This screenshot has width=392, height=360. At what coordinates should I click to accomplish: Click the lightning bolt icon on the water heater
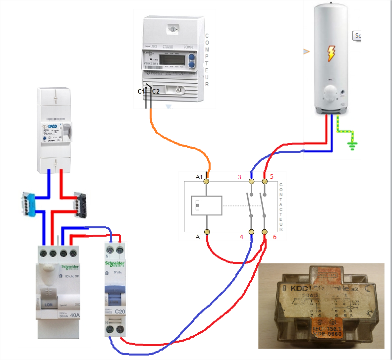tap(330, 53)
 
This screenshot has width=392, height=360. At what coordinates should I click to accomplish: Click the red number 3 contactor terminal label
tap(239, 177)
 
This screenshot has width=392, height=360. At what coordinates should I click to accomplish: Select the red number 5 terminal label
tap(271, 177)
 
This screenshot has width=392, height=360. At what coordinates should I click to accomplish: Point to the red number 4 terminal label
tap(241, 237)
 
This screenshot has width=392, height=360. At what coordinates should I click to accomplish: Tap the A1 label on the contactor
tap(199, 177)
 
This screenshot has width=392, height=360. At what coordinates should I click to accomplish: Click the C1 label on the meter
tap(141, 91)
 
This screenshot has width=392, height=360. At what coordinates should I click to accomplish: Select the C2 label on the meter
tap(156, 91)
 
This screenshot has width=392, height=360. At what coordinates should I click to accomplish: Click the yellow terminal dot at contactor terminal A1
tap(208, 182)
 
